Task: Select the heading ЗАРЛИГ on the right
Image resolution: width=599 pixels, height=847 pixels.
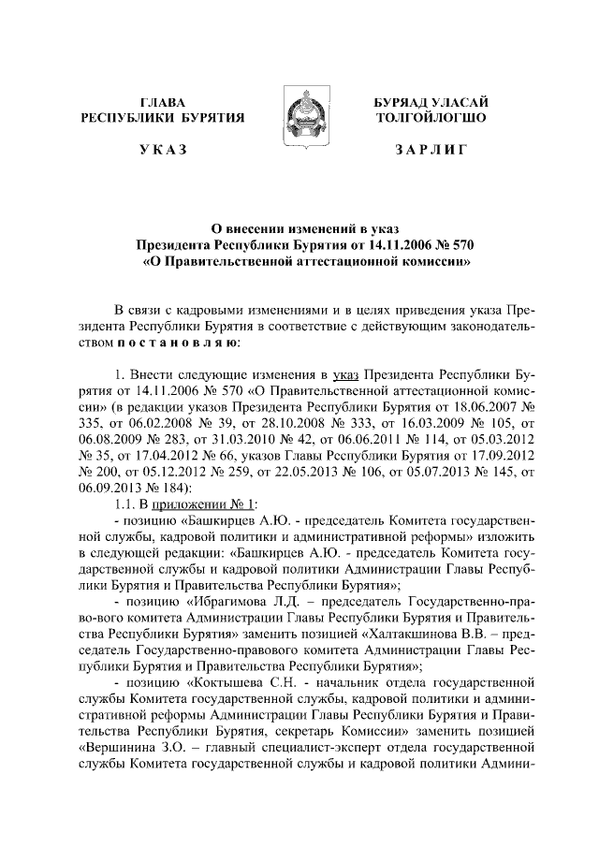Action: click(x=431, y=150)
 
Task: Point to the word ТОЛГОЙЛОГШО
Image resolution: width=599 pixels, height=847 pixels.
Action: click(x=431, y=118)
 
